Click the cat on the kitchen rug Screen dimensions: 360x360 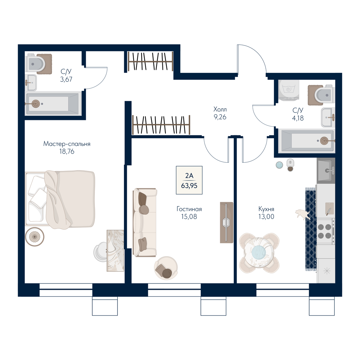click(303, 214)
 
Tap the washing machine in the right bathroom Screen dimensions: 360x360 click(289, 90)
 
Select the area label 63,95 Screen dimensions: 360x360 click(189, 186)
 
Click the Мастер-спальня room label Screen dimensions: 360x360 click(67, 144)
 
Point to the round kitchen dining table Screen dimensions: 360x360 click(259, 253)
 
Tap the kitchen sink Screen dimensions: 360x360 click(326, 170)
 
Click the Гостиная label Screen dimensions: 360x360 click(189, 209)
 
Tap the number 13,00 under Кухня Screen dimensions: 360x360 click(266, 217)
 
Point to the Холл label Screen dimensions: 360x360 click(220, 109)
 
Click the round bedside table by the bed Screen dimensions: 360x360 click(35, 237)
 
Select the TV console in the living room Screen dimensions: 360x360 click(226, 222)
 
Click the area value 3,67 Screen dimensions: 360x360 click(66, 79)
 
